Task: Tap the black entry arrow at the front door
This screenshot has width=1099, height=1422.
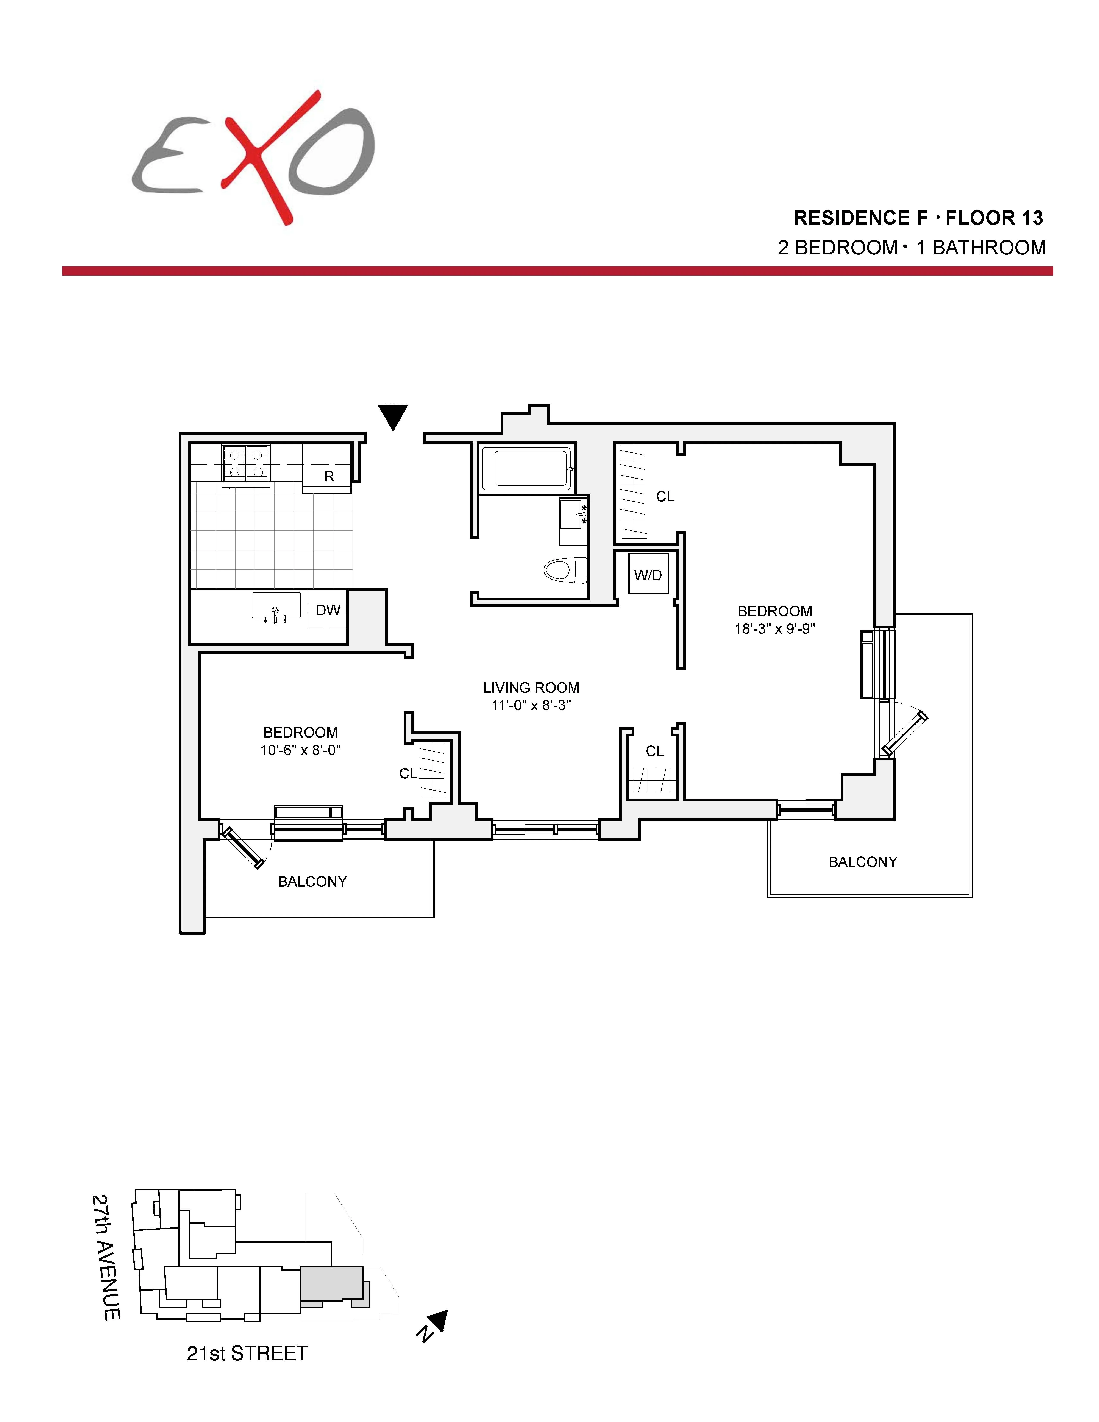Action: [393, 417]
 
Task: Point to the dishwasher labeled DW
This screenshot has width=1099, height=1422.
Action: [328, 610]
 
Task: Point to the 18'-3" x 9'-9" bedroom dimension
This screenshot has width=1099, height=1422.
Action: [775, 629]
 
